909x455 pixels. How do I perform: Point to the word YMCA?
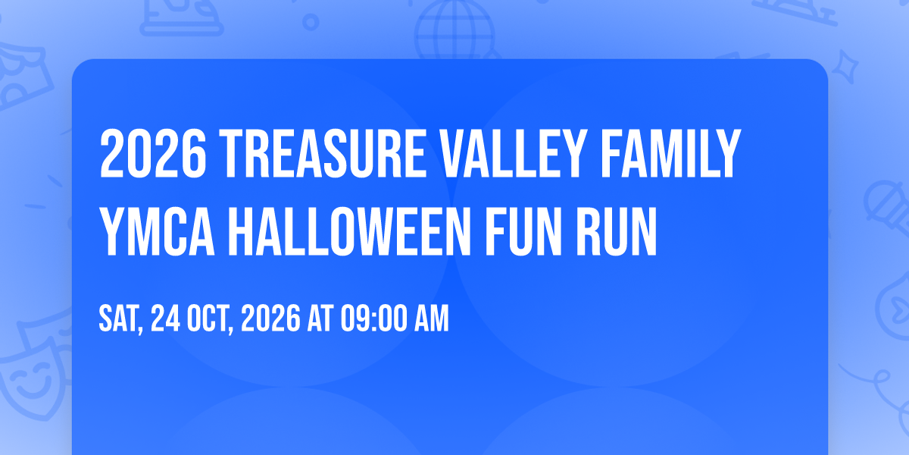tap(157, 231)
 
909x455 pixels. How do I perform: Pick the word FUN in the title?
tap(524, 231)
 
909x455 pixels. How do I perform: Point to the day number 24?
tap(165, 318)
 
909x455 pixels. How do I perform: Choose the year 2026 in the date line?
tap(270, 318)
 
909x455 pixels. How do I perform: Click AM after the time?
tap(431, 318)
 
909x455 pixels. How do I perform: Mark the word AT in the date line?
tap(320, 318)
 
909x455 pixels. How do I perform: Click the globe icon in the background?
tap(455, 30)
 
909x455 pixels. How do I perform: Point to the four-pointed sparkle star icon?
tap(845, 67)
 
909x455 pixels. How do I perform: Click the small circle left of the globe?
tap(311, 22)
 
